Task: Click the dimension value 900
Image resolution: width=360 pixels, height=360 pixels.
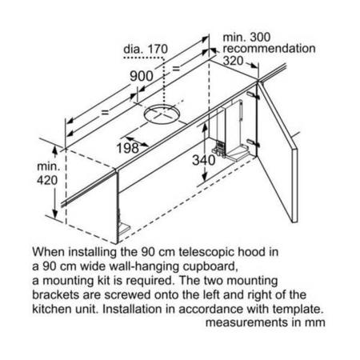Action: tap(142, 76)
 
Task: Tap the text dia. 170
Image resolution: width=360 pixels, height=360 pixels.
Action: tap(146, 49)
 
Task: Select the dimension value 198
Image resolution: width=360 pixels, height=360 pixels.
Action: tap(128, 148)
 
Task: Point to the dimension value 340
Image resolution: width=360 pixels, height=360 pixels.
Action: tap(204, 160)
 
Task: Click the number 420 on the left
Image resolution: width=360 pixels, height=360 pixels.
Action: tap(47, 180)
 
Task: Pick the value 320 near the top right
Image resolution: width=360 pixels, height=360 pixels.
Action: tap(233, 61)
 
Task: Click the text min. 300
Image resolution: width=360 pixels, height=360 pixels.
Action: tap(246, 37)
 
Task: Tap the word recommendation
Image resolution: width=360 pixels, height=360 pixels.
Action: tap(269, 49)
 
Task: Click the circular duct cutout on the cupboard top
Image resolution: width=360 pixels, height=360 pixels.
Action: tap(162, 114)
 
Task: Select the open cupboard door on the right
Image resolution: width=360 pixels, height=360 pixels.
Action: tap(278, 152)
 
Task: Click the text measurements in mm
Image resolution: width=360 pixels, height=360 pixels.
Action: tap(266, 322)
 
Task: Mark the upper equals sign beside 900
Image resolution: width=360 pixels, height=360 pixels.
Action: tap(176, 68)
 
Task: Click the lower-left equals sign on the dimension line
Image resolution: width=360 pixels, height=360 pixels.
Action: tap(105, 112)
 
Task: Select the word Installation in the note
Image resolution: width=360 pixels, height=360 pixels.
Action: tap(132, 310)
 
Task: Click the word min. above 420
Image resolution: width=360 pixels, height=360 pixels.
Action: tap(48, 166)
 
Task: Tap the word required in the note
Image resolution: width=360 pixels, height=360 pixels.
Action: tap(150, 281)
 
